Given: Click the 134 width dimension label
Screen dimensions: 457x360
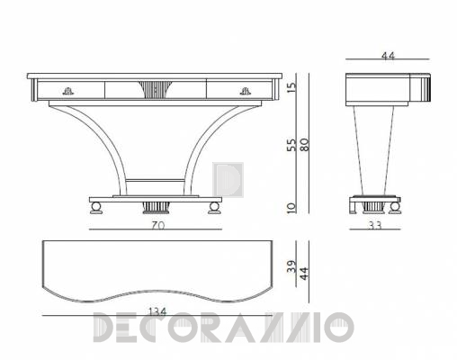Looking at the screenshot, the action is [157, 312].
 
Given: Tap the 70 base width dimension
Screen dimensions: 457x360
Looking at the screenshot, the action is [157, 225].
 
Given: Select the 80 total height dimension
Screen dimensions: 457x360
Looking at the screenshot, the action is [304, 144].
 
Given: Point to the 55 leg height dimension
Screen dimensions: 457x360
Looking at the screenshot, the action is [291, 145].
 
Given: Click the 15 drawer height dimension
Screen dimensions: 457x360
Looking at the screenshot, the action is [291, 87].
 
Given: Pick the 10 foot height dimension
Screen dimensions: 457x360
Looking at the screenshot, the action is [291, 208].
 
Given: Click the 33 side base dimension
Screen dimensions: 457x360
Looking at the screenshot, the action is [375, 226].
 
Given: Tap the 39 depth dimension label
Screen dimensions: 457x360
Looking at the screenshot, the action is [291, 266].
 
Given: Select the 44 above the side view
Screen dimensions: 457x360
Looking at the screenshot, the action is [388, 56].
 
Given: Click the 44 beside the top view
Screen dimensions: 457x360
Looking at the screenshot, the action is [304, 274].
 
